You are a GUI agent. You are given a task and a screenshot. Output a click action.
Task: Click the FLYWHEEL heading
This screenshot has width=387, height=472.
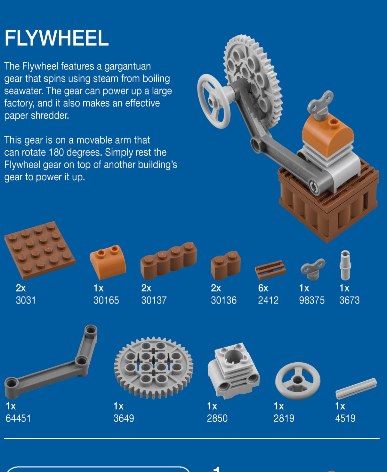coord(56,38)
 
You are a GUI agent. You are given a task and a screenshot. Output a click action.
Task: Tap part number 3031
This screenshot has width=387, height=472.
coord(26,300)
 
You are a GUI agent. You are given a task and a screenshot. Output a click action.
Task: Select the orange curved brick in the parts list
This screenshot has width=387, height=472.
coord(108,262)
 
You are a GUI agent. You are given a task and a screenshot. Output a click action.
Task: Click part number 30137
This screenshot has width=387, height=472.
coord(154,300)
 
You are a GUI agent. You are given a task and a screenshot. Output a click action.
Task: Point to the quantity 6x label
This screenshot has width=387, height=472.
coord(263,288)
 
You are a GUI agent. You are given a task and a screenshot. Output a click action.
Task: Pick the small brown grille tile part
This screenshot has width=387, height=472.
coord(270,270)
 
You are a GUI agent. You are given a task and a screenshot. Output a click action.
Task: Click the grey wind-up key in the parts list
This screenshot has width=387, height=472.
coord(313,269)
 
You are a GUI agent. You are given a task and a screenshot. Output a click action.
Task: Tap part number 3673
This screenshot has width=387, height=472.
coord(349,300)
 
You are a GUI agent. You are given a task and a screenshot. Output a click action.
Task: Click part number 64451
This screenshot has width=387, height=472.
coord(18,418)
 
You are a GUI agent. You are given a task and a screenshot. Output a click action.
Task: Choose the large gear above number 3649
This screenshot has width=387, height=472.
coord(154,368)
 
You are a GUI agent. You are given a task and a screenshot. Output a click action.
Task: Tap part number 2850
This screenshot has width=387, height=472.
coord(217,418)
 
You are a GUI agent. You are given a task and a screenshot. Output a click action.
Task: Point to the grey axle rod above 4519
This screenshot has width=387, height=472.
coord(356,389)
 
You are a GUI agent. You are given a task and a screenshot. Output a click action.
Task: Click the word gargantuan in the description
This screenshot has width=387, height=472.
coord(127,67)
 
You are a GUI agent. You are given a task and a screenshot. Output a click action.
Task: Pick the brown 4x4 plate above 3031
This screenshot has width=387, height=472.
coord(40,250)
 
